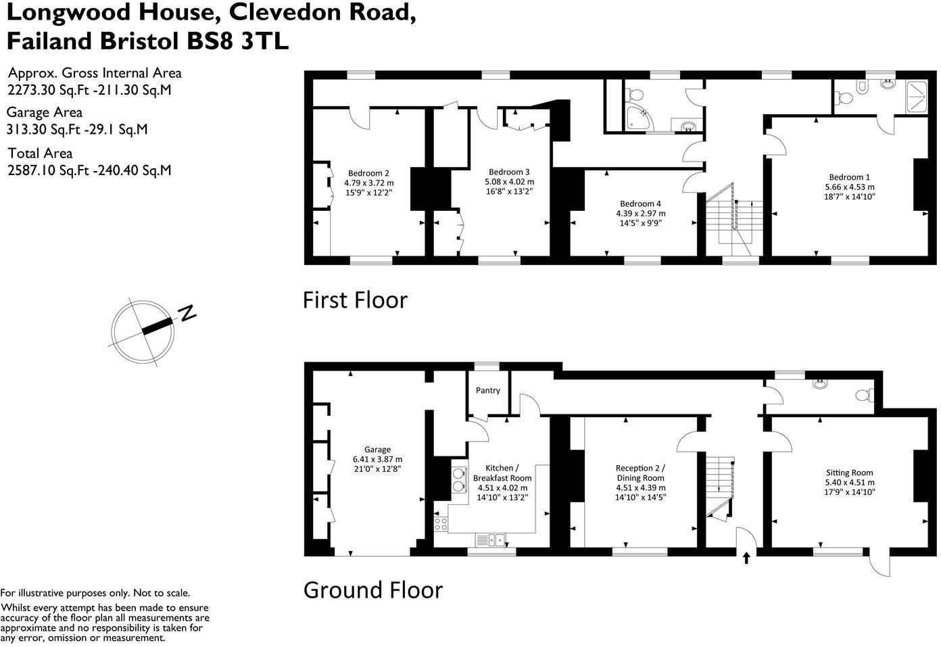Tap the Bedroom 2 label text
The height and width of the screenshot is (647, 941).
pyautogui.click(x=368, y=173)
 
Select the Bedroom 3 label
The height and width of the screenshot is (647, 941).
pyautogui.click(x=509, y=172)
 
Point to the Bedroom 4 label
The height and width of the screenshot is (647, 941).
pyautogui.click(x=640, y=203)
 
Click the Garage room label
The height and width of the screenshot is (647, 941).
pyautogui.click(x=377, y=450)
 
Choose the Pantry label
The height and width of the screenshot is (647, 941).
pyautogui.click(x=488, y=390)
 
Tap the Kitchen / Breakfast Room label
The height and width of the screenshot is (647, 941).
pyautogui.click(x=502, y=473)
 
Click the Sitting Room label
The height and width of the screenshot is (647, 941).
pyautogui.click(x=849, y=473)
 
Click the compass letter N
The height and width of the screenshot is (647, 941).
pyautogui.click(x=187, y=312)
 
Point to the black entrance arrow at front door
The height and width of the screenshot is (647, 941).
pyautogui.click(x=746, y=558)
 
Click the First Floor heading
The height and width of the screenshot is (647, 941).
pyautogui.click(x=355, y=299)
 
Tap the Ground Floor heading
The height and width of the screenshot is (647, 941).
pyautogui.click(x=372, y=590)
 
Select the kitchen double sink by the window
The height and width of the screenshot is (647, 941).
pyautogui.click(x=491, y=540)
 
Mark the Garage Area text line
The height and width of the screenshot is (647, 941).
pyautogui.click(x=45, y=112)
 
